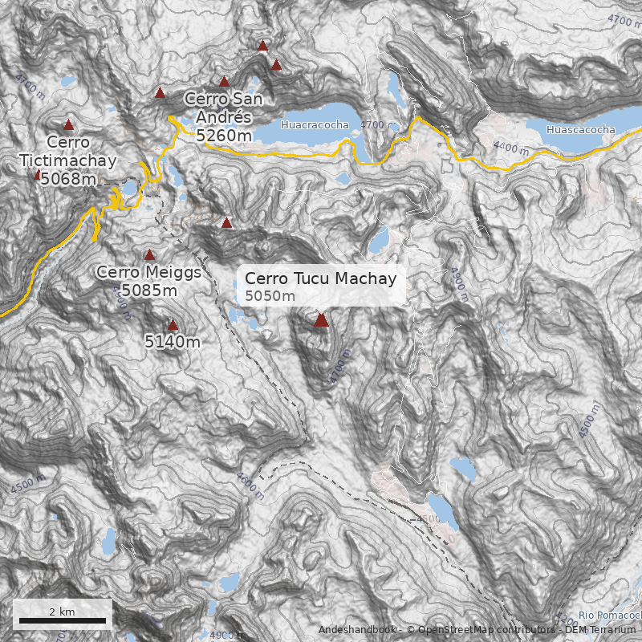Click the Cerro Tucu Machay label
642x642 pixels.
[320, 278]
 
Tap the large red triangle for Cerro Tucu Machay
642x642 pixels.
[321, 320]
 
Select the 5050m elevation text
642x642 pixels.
[270, 297]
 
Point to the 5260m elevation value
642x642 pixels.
[224, 136]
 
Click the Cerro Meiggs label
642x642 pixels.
[148, 272]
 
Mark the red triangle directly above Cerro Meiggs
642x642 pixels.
[148, 254]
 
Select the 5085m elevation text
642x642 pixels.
[148, 290]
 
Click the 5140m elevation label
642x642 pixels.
[173, 343]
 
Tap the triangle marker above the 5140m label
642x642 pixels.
[173, 325]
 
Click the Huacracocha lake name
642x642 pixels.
[315, 124]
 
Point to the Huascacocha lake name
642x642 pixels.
[580, 129]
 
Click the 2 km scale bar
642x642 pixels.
[63, 620]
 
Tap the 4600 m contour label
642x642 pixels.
[250, 485]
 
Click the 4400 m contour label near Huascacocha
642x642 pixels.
[511, 148]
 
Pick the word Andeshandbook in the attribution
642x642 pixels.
[358, 629]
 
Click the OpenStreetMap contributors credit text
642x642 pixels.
[481, 629]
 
